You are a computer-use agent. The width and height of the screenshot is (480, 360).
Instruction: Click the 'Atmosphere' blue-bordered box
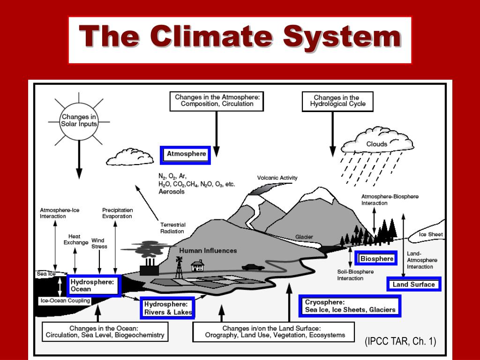186,155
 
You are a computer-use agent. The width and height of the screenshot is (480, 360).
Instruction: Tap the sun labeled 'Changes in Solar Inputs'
79,120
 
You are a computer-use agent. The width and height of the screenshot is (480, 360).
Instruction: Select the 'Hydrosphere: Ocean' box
93,285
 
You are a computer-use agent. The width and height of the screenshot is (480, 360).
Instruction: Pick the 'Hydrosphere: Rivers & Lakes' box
168,308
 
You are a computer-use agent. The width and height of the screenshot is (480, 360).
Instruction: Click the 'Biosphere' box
377,259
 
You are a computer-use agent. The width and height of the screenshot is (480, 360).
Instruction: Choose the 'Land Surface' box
413,284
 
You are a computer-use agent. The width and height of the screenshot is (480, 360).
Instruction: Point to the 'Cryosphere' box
350,306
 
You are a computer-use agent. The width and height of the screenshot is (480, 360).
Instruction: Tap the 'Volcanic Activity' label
277,178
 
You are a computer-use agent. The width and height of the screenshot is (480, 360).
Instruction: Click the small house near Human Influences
197,266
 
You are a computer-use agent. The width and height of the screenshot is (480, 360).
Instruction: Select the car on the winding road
253,267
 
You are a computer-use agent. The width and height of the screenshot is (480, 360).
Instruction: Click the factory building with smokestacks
149,268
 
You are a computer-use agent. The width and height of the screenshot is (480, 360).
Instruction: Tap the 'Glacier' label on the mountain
304,237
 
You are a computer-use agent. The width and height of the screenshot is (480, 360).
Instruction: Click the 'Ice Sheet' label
431,234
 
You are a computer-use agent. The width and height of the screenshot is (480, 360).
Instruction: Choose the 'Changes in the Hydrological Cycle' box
337,101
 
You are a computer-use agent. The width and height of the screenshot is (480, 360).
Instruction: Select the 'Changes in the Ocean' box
105,332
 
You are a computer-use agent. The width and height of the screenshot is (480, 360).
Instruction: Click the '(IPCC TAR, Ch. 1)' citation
400,342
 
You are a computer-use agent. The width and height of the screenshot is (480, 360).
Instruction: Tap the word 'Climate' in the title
211,37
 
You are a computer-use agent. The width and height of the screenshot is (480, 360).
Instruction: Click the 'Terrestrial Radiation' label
172,228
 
